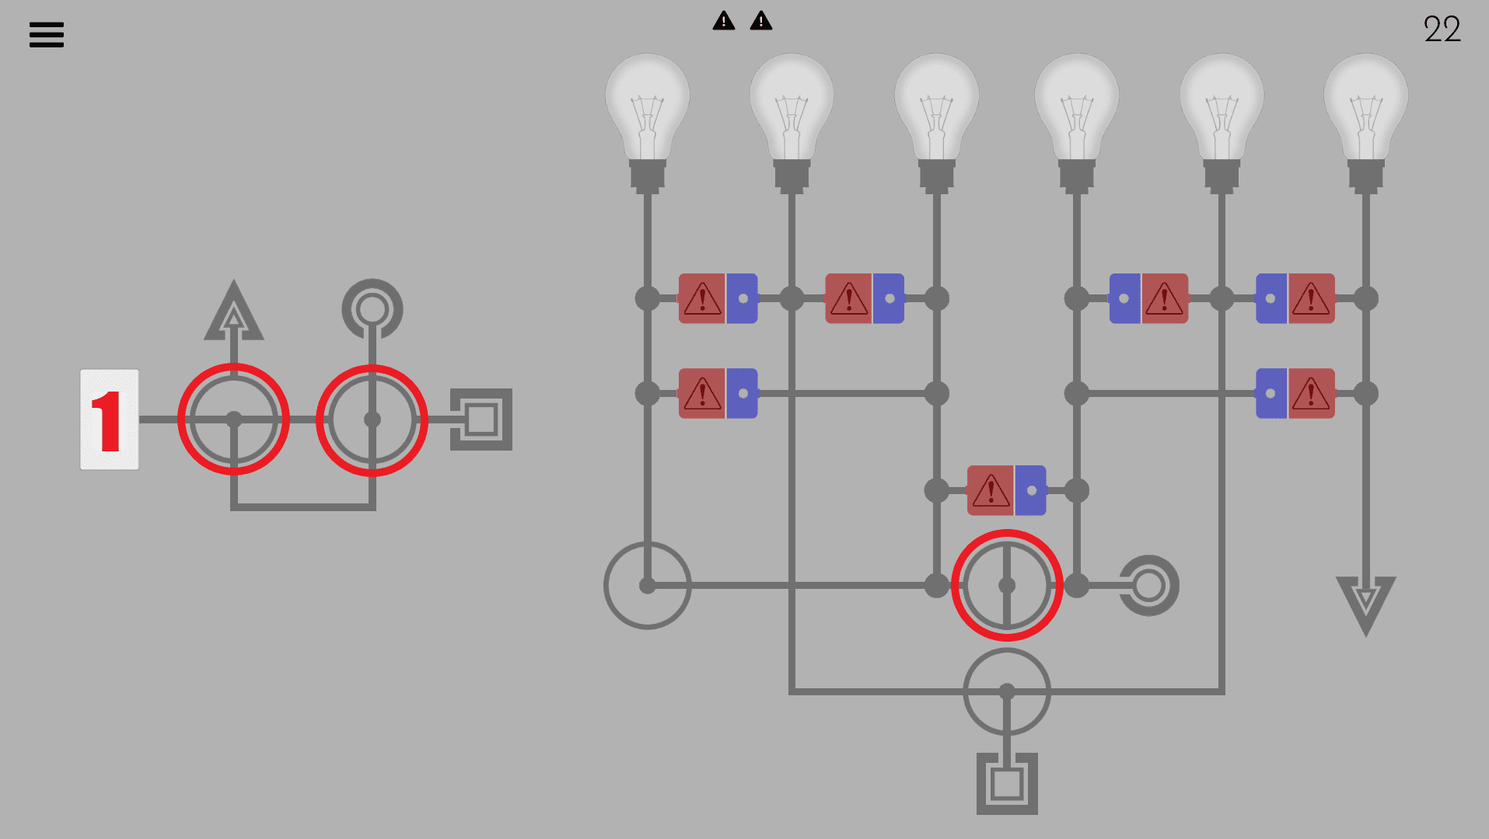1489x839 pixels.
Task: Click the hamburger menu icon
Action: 47,35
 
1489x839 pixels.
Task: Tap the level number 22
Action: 1442,30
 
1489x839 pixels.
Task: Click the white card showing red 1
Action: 110,419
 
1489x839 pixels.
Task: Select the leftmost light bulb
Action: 647,117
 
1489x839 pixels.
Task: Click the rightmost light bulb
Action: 1365,117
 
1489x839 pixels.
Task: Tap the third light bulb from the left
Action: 936,117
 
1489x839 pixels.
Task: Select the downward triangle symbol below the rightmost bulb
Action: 1365,603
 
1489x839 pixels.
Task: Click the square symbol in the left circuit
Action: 481,419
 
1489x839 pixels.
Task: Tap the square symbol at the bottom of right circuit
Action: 1007,783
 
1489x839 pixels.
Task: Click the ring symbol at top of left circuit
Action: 372,308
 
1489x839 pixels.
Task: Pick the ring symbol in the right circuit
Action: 1148,586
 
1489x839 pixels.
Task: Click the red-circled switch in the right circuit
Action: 1007,586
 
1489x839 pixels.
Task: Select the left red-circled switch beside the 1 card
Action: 233,419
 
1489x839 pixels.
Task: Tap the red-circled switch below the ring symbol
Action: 372,419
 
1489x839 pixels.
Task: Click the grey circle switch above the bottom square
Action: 1007,691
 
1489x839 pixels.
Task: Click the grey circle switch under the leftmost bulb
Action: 647,586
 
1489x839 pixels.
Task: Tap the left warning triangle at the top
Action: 723,21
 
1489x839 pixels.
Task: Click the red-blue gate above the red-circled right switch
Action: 1006,490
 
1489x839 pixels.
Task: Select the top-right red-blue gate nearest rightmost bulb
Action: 1295,298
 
